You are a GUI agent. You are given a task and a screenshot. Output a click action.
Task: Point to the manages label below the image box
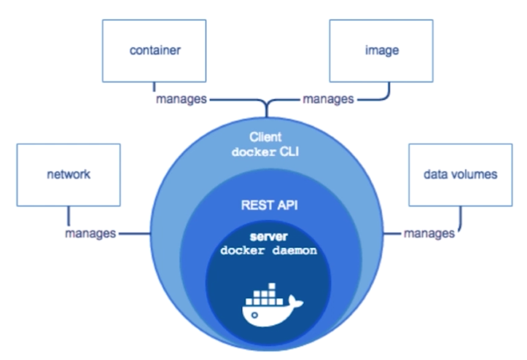click(x=328, y=98)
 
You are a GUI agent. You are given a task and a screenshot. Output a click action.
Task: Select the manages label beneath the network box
click(x=90, y=234)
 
